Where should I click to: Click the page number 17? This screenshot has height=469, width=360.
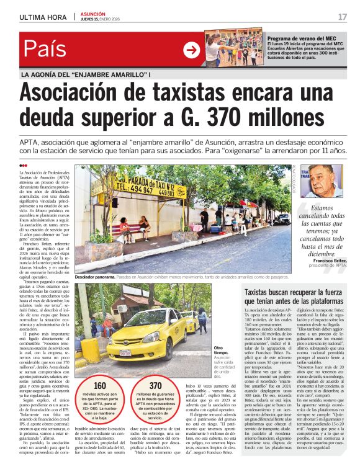tap(343, 16)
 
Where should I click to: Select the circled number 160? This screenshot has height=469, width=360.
tap(99, 385)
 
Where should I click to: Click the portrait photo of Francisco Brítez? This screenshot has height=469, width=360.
tap(324, 181)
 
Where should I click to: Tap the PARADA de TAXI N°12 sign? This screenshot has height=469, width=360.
tap(146, 185)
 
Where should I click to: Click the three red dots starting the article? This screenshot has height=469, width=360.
tap(23, 166)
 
